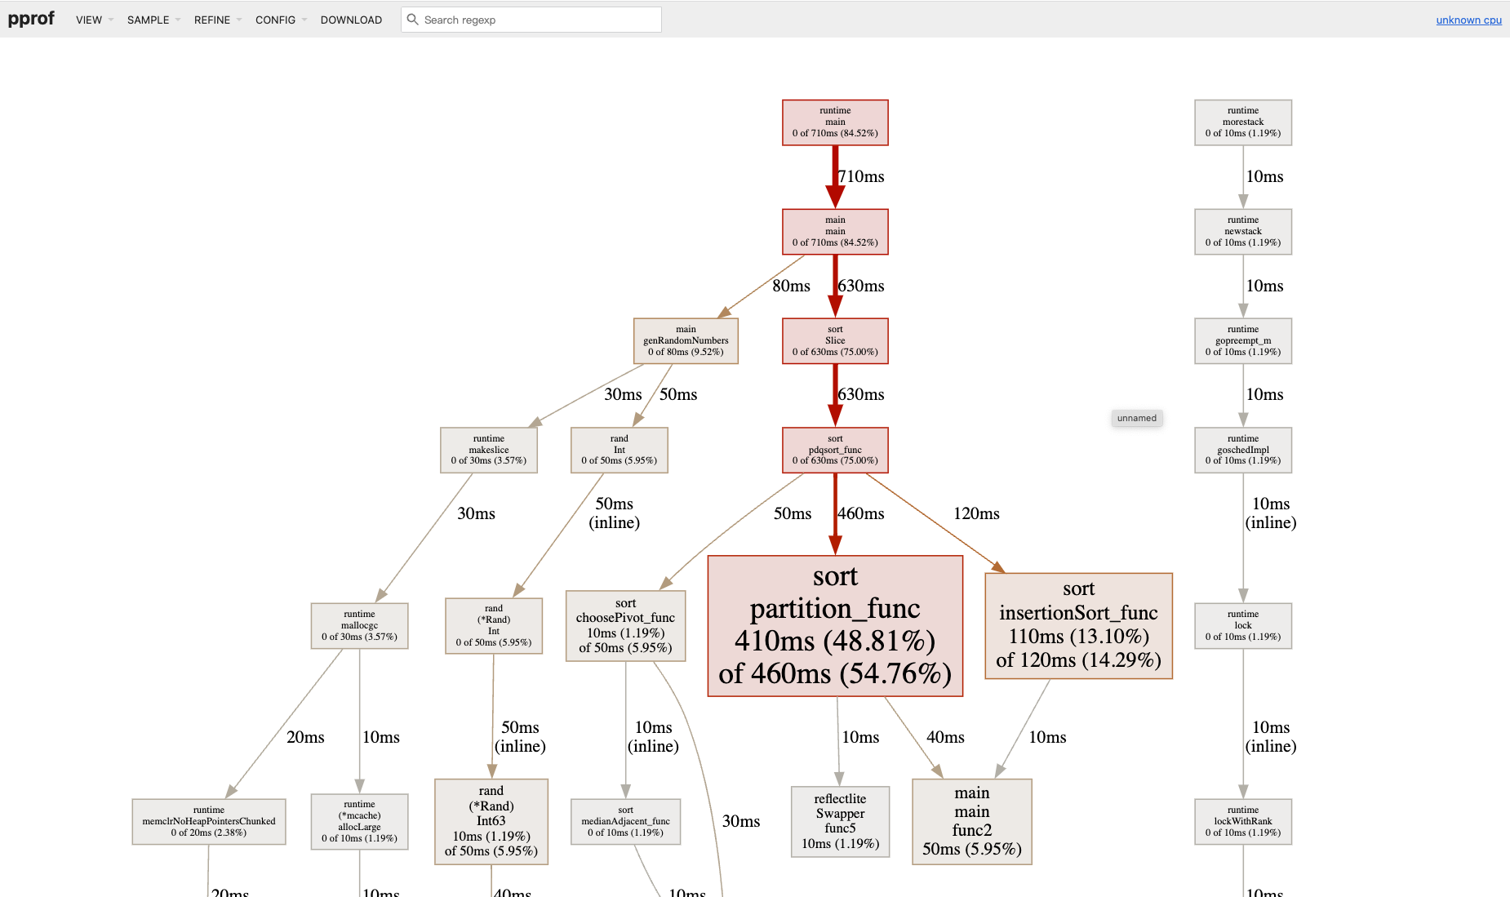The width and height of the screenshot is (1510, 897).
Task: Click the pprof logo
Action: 31,19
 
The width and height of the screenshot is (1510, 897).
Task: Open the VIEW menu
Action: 90,20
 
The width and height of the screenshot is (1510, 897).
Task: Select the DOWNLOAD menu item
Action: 351,20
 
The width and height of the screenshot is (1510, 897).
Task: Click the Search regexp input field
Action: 539,20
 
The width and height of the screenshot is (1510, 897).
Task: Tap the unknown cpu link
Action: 1468,20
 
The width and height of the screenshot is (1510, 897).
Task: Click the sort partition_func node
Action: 835,625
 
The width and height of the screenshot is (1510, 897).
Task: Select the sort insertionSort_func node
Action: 1078,625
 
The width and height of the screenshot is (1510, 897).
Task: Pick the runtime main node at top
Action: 835,122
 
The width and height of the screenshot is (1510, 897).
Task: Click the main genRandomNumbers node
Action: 686,340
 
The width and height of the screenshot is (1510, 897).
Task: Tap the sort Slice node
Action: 835,340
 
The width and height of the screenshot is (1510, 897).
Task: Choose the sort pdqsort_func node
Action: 835,450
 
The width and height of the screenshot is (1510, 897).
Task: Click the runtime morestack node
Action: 1242,122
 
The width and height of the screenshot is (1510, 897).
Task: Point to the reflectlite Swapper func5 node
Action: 840,821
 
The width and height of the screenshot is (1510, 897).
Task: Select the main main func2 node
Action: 971,821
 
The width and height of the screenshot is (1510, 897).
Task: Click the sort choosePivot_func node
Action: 625,625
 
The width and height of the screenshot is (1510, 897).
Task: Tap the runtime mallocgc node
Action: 359,625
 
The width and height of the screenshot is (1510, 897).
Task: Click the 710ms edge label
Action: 862,176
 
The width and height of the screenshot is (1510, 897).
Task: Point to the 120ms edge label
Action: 976,513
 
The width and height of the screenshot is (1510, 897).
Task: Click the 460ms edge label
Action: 862,513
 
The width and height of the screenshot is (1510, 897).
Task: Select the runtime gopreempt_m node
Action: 1242,340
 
